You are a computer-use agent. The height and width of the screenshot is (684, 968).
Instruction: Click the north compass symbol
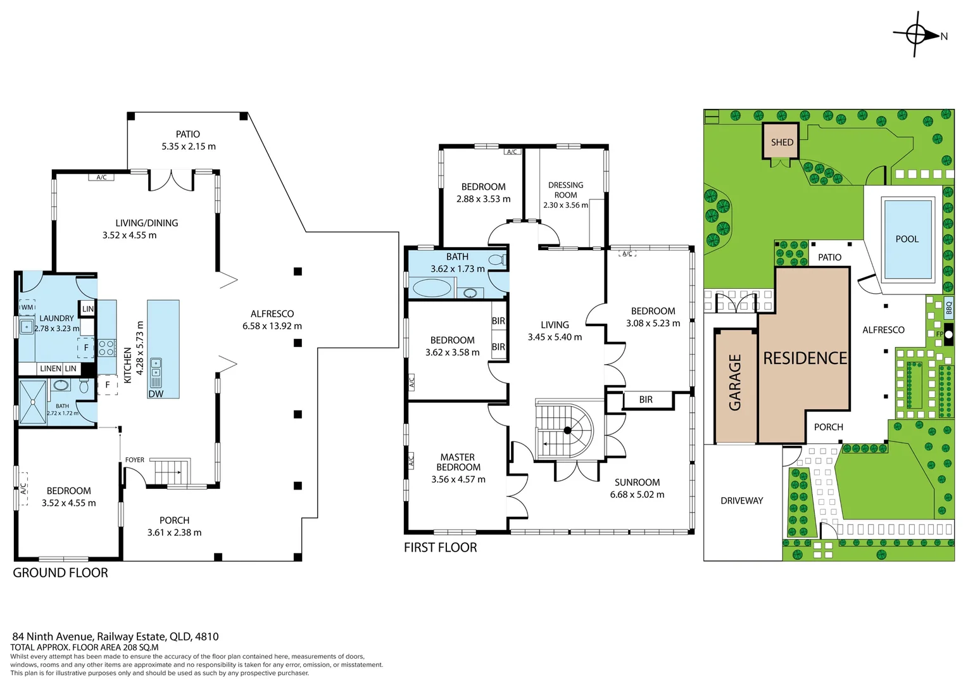click(x=916, y=34)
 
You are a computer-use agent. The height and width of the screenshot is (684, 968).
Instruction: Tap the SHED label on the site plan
click(x=782, y=142)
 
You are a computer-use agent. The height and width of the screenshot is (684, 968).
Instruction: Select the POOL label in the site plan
click(x=907, y=239)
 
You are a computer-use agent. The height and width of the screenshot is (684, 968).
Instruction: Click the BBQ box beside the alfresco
click(x=948, y=308)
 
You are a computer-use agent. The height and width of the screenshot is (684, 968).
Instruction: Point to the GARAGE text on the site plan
click(x=735, y=383)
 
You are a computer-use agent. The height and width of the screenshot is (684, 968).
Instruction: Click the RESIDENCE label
click(x=805, y=358)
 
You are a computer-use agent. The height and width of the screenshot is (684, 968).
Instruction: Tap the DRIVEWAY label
click(x=741, y=500)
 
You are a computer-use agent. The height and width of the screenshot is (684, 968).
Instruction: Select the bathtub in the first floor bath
click(x=432, y=289)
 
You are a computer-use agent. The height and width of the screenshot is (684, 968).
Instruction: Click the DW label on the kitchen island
click(x=156, y=394)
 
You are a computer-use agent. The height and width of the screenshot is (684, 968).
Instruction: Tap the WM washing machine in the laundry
click(x=27, y=307)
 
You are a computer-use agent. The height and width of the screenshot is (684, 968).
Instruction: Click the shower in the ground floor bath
click(x=32, y=402)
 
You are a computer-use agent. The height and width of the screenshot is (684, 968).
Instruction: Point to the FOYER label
click(x=134, y=460)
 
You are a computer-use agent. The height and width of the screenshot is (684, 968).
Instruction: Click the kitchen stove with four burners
click(x=106, y=348)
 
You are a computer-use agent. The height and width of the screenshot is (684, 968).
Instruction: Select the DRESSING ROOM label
click(x=565, y=190)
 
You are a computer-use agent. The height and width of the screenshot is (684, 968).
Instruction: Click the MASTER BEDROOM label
click(x=458, y=462)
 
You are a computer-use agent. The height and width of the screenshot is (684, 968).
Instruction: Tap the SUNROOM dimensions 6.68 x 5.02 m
click(x=637, y=495)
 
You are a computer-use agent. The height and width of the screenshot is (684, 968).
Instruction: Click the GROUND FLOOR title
click(x=60, y=573)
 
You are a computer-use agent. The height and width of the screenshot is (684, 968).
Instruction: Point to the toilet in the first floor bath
click(x=496, y=260)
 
